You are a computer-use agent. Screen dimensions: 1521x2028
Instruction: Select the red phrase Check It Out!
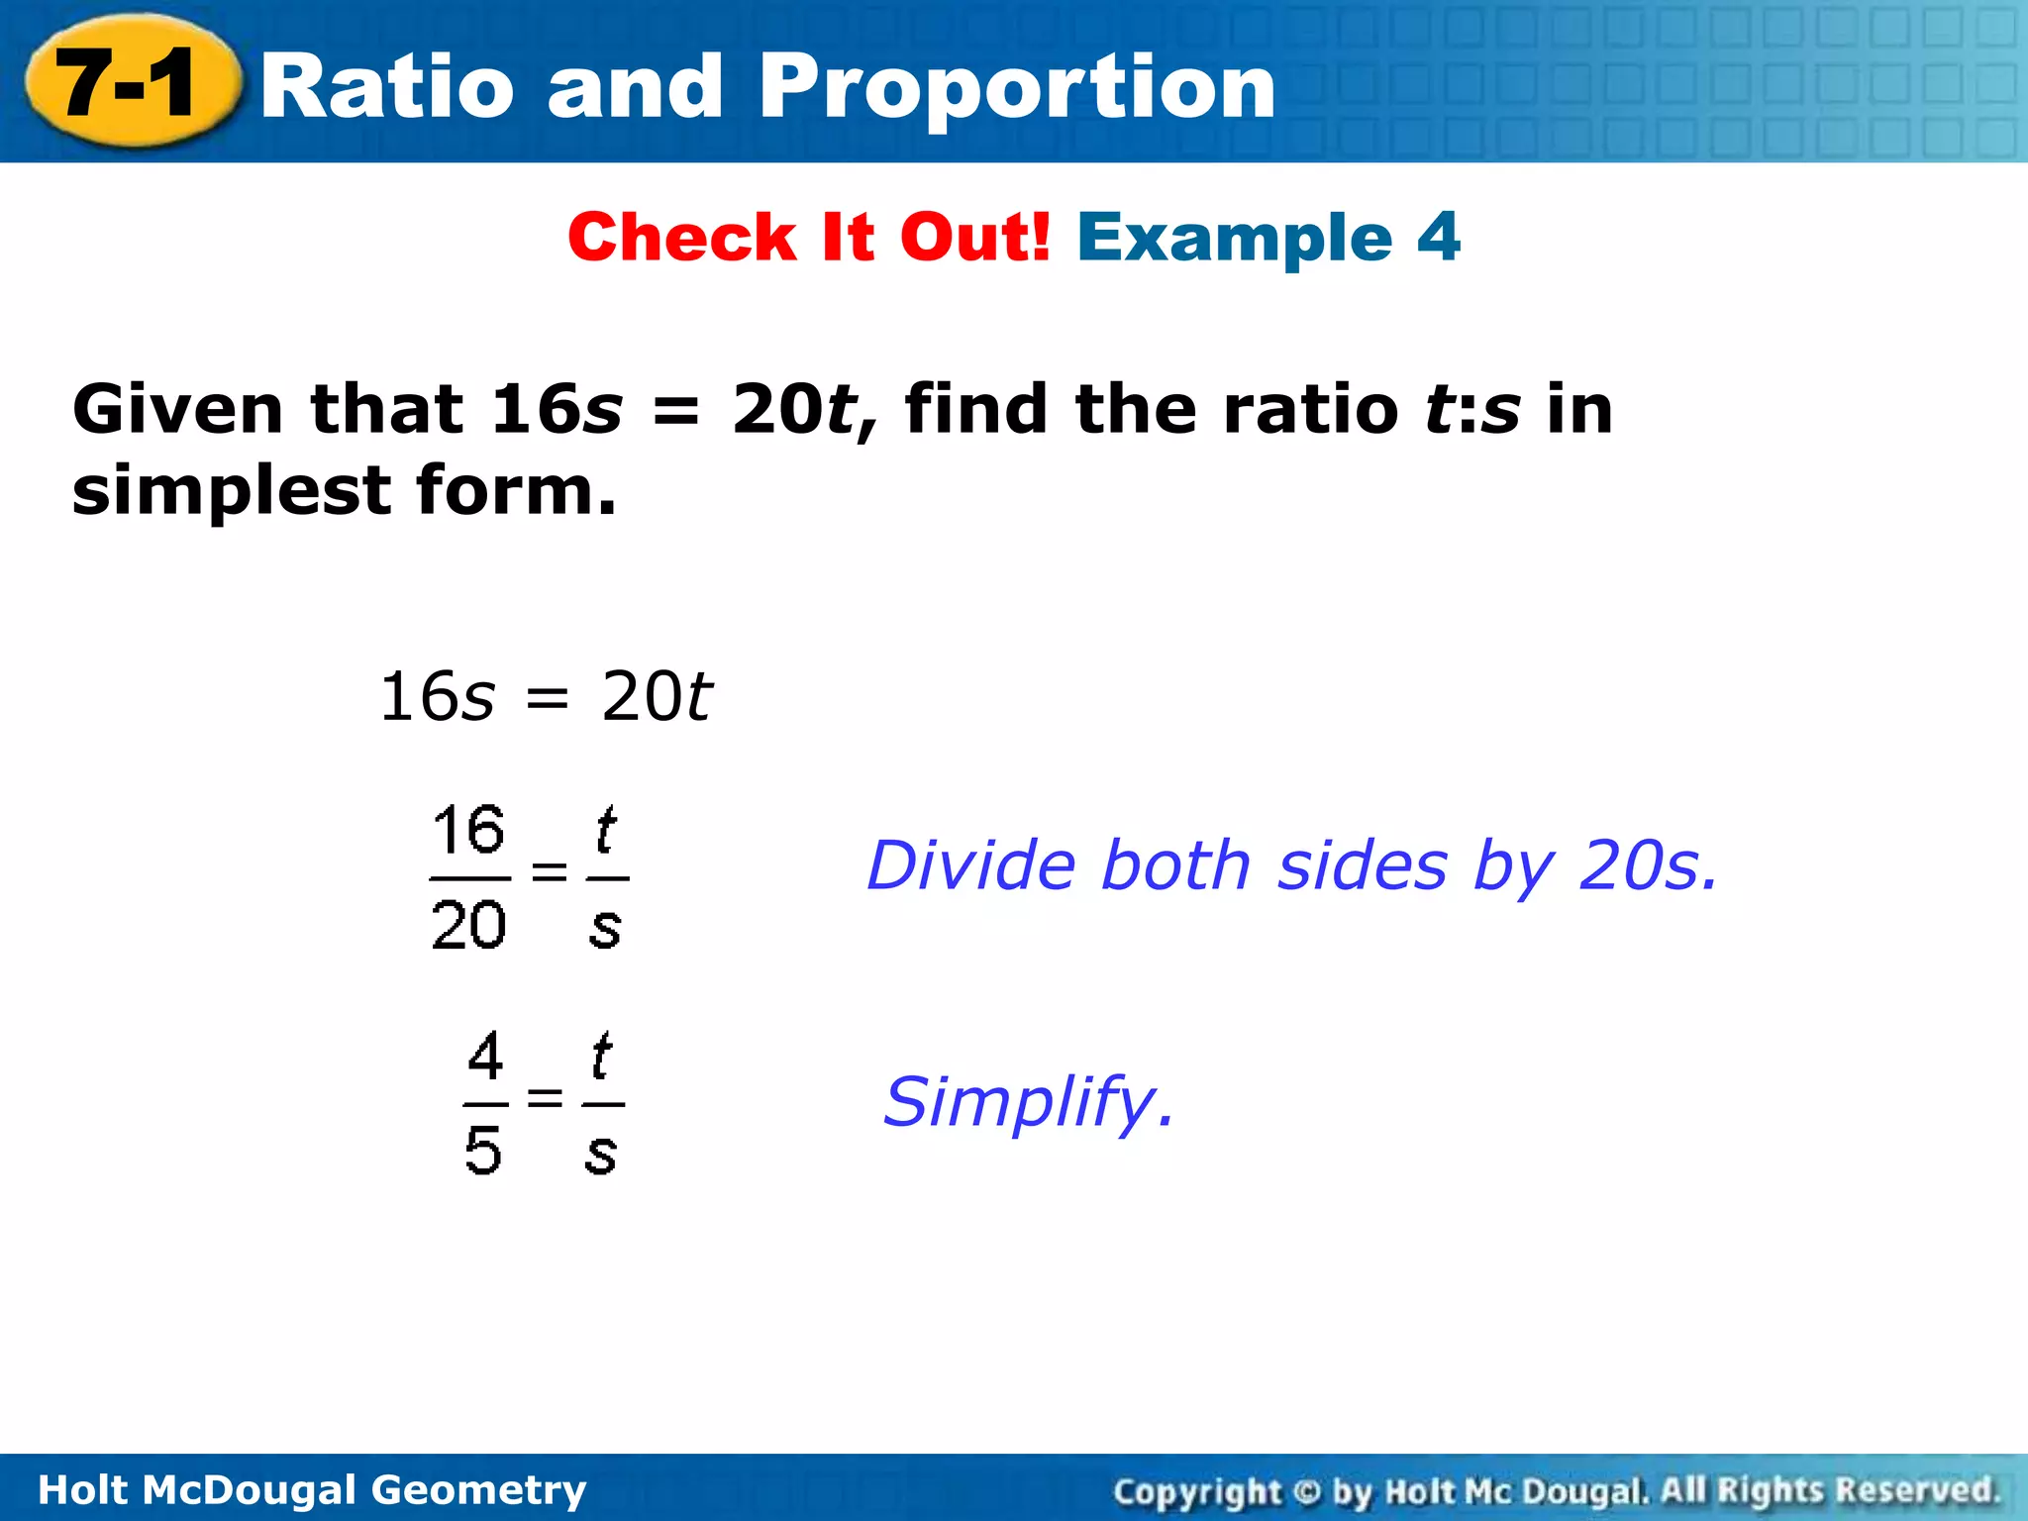[808, 238]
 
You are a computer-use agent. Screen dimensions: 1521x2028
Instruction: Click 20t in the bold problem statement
[792, 409]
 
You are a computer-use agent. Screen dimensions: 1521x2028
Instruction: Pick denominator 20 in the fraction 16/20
[468, 926]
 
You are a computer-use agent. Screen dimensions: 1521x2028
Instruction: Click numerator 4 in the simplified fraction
[485, 1057]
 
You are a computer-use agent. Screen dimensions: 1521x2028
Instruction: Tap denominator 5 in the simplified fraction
[483, 1151]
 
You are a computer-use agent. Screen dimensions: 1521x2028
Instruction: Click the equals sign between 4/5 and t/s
[545, 1097]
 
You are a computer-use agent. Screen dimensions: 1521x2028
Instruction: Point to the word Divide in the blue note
[970, 865]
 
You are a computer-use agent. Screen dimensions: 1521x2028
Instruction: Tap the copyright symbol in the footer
[1307, 1490]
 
